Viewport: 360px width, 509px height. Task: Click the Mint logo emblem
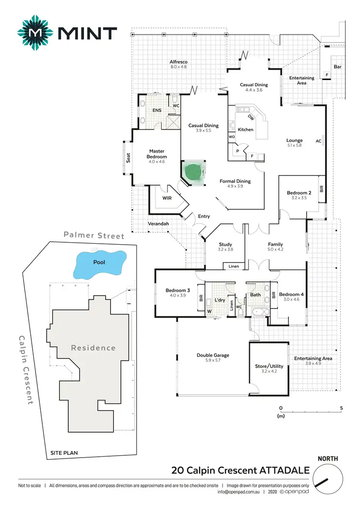point(35,33)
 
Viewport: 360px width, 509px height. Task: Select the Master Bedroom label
point(157,154)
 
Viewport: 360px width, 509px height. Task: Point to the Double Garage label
point(213,355)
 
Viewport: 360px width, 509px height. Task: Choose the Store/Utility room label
point(269,366)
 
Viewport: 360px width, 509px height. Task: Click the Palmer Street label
point(95,236)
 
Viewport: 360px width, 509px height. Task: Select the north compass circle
point(328,481)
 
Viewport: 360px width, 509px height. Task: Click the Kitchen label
point(245,130)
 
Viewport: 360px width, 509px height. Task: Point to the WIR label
point(167,198)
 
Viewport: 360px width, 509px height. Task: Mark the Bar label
point(337,67)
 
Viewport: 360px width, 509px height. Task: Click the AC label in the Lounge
point(318,141)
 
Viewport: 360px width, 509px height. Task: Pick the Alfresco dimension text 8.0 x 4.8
point(178,67)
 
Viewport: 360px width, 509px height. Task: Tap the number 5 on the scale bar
point(341,409)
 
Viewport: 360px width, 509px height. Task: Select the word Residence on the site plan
point(93,348)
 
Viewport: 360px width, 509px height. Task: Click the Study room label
point(225,244)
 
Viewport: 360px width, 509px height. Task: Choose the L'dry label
point(220,300)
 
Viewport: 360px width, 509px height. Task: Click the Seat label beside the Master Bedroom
point(128,157)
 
